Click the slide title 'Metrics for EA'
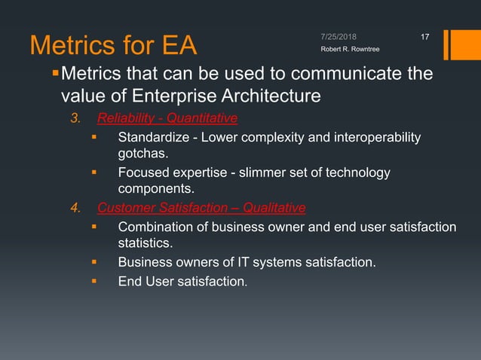tap(112, 44)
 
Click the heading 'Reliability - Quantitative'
tap(167, 117)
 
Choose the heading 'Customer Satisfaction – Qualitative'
tap(201, 208)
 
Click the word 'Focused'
tap(142, 173)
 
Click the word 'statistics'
tap(144, 244)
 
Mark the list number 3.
tap(75, 118)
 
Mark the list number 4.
tap(75, 209)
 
